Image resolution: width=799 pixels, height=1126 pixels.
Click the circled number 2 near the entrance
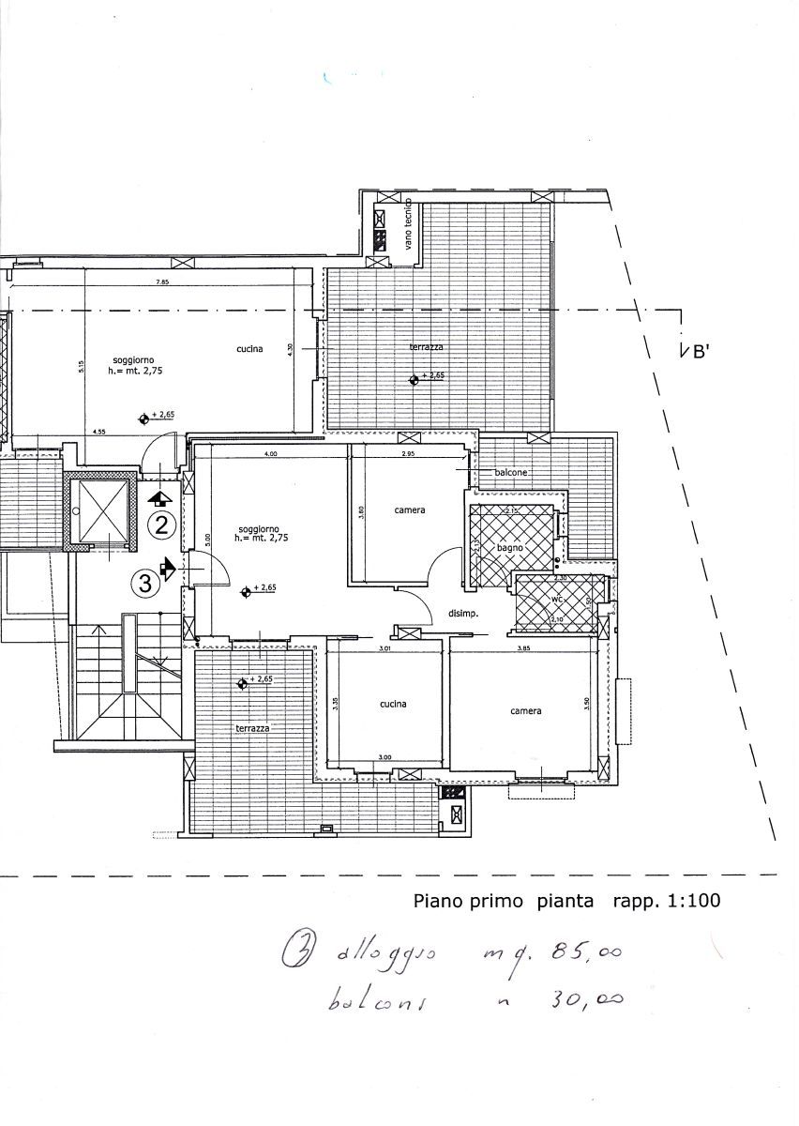click(x=162, y=525)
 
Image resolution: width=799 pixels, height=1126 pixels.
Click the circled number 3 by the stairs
click(x=145, y=584)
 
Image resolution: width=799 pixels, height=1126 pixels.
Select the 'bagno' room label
click(x=509, y=547)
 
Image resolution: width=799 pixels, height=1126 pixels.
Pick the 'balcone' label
click(x=511, y=473)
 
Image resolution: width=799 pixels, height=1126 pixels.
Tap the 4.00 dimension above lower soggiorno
click(x=270, y=453)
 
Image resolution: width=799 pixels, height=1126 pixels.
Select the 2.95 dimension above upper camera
click(x=408, y=453)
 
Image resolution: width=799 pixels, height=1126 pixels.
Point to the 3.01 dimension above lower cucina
click(x=384, y=648)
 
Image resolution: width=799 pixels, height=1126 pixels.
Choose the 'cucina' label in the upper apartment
click(x=249, y=349)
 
